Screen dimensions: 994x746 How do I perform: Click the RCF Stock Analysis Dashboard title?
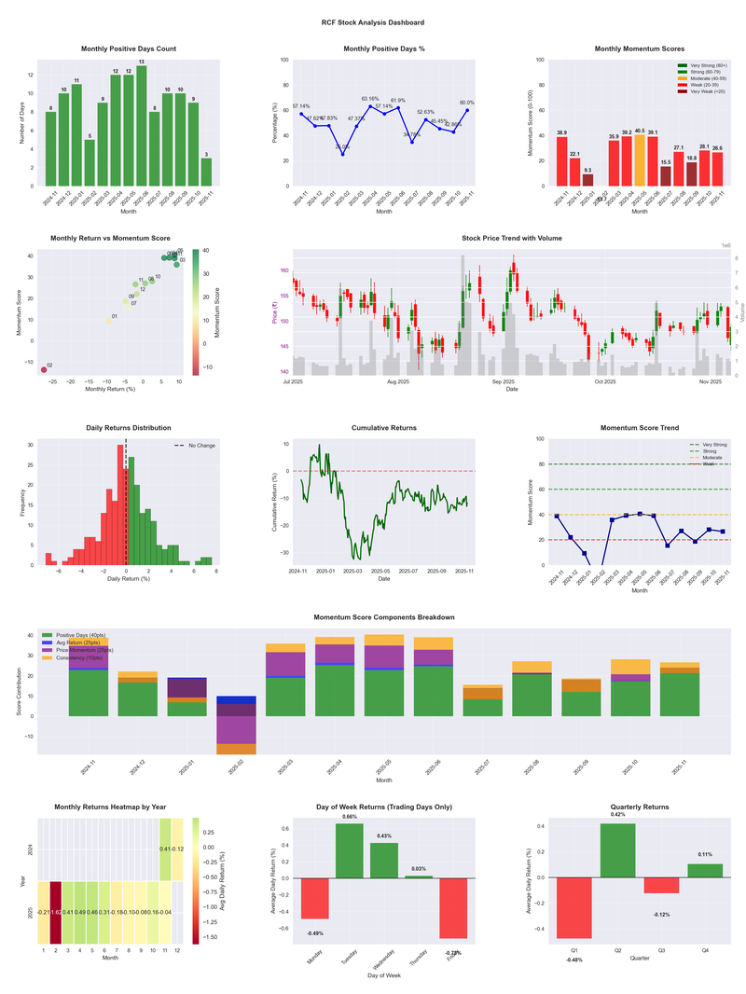coord(373,22)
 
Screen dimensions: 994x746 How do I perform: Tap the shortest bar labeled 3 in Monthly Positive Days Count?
coord(206,173)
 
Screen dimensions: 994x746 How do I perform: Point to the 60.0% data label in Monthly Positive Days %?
coord(467,104)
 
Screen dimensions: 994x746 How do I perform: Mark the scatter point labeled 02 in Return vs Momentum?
coord(44,370)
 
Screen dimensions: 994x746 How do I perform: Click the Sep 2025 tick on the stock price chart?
coord(504,381)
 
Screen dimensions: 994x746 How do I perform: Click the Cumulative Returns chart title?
coord(383,428)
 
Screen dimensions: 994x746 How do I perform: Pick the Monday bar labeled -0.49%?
coord(314,899)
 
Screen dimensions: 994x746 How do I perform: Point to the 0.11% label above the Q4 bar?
coord(704,855)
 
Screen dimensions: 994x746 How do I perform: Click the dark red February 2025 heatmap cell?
coord(55,912)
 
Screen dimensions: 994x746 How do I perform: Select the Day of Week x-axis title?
coord(383,976)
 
